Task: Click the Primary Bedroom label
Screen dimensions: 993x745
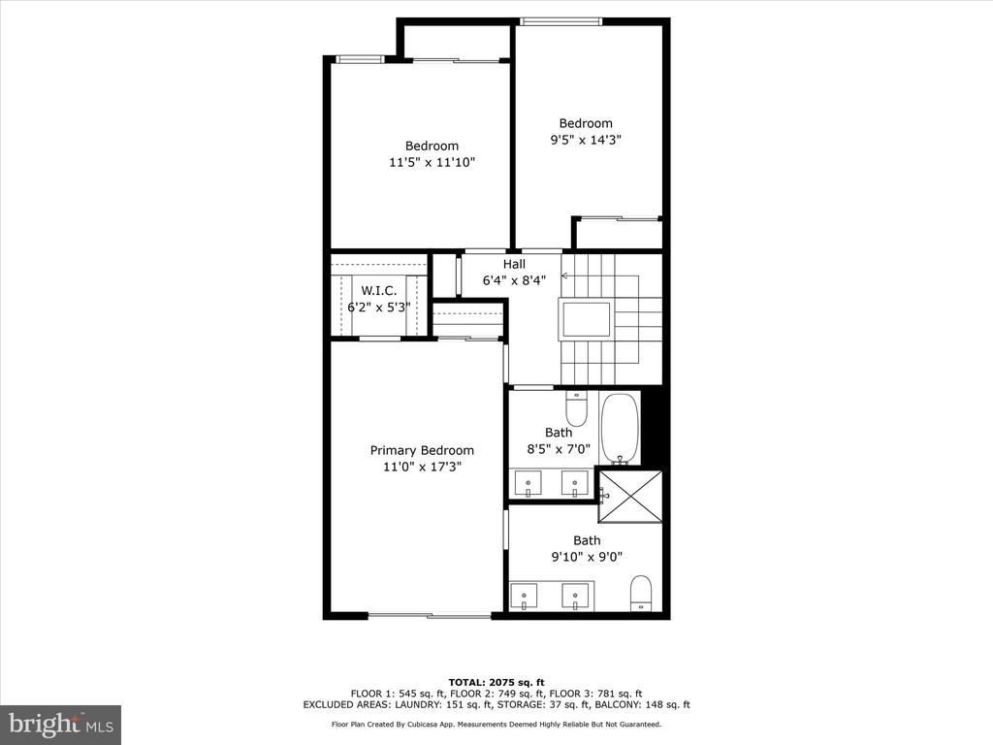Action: (422, 450)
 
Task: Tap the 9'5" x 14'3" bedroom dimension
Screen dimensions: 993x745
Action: (586, 140)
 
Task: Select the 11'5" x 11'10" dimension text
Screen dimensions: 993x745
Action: (432, 162)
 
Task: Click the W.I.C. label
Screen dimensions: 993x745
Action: (379, 291)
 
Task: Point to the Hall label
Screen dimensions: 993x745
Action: (514, 264)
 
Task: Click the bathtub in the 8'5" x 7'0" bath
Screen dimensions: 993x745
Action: (620, 429)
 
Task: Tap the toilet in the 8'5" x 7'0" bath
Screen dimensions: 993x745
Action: (576, 408)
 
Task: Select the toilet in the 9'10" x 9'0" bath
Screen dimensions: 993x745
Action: (641, 594)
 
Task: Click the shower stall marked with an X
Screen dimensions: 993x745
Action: (630, 497)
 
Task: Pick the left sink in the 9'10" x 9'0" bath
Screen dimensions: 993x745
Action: (525, 597)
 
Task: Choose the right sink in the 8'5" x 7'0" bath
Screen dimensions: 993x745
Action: (575, 483)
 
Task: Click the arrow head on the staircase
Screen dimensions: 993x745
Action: (564, 276)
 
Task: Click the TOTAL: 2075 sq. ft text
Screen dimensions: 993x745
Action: (496, 682)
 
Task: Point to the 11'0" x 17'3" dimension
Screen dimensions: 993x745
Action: (422, 467)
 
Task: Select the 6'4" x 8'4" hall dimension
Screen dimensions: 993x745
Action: (514, 280)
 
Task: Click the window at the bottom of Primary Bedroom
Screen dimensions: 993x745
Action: (431, 614)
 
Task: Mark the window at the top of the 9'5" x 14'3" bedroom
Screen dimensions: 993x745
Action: (561, 21)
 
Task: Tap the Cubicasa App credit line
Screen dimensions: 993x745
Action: (496, 724)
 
